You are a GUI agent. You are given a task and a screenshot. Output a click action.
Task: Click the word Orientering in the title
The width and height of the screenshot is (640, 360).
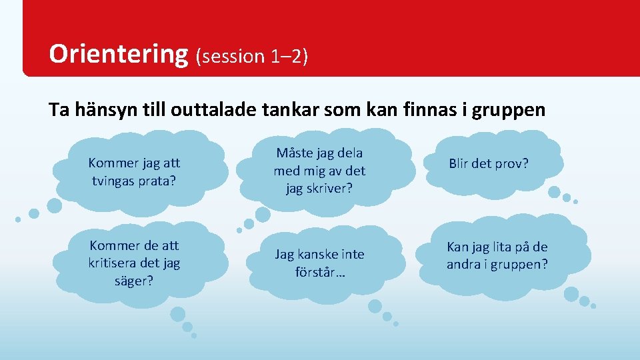pyautogui.click(x=119, y=54)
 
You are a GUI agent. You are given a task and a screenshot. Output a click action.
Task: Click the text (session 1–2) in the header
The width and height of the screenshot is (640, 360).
pyautogui.click(x=251, y=57)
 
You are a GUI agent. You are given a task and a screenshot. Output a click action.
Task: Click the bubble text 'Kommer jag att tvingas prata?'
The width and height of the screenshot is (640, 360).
pyautogui.click(x=135, y=171)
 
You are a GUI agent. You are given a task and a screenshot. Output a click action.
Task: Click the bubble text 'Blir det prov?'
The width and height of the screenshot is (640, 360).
pyautogui.click(x=489, y=163)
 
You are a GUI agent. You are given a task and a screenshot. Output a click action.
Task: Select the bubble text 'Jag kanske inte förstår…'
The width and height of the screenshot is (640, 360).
pyautogui.click(x=320, y=263)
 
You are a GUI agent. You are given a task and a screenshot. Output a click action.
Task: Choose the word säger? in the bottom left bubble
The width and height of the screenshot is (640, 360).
pyautogui.click(x=134, y=280)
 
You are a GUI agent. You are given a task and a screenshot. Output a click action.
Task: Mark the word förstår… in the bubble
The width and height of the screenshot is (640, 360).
pyautogui.click(x=320, y=272)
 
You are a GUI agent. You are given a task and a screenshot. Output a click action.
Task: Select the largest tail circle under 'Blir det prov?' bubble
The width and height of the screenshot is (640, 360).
pyautogui.click(x=554, y=192)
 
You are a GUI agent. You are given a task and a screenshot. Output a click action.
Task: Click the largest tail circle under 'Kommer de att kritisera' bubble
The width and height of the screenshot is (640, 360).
pyautogui.click(x=177, y=313)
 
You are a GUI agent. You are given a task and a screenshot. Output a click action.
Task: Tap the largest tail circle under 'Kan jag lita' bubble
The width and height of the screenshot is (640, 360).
pyautogui.click(x=571, y=293)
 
